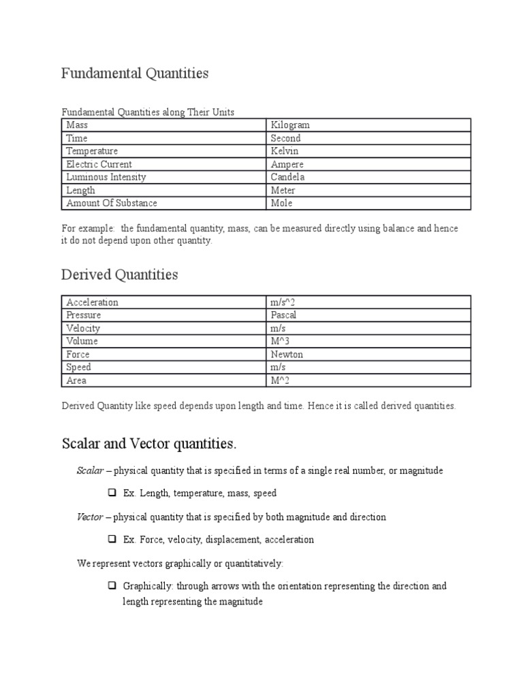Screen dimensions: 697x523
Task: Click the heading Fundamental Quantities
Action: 135,74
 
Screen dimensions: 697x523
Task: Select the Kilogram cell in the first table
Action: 290,125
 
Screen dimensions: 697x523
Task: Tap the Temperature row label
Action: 92,151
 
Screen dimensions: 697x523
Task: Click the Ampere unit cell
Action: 287,164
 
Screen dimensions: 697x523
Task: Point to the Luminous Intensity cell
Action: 106,177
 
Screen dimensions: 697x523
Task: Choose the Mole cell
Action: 282,203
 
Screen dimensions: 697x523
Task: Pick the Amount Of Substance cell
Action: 112,203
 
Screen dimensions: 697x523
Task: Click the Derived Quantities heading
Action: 119,275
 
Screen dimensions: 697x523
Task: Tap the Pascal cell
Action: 284,315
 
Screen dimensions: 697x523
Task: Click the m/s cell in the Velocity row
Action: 279,328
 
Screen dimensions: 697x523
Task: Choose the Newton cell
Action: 287,354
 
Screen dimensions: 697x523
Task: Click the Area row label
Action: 76,380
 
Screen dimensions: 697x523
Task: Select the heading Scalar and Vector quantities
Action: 149,444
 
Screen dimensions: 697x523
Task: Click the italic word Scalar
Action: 89,471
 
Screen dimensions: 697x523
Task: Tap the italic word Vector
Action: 89,517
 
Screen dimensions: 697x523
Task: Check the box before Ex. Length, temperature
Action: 112,493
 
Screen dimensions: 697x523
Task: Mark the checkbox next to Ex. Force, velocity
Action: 112,539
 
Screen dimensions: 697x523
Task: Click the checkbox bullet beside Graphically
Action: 112,585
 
